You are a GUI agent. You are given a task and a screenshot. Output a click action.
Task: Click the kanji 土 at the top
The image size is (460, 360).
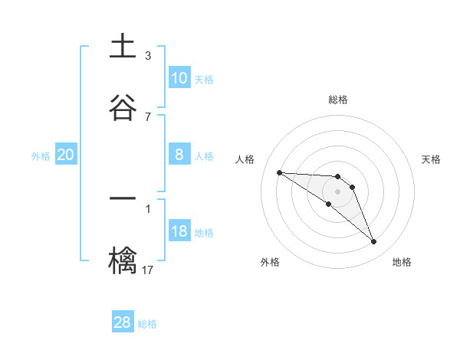coord(123,47)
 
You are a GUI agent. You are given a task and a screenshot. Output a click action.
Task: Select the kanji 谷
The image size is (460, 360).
coord(123,108)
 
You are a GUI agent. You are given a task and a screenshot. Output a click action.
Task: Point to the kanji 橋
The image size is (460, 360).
coord(123,260)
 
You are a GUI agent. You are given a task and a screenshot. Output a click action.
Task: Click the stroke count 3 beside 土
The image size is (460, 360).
coord(148,55)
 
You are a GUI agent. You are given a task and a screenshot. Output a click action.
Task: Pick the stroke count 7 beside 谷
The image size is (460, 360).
coord(148,116)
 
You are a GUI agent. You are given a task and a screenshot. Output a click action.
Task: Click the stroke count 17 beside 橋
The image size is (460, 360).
coord(148,270)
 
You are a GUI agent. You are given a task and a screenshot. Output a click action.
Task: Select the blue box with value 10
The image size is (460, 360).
coord(179,78)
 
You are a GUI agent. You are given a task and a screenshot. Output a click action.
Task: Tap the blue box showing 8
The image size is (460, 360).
coord(179,155)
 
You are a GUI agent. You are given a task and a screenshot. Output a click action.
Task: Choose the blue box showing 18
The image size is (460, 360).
coord(179,231)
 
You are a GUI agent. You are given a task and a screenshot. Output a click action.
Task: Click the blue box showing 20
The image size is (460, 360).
coord(65,155)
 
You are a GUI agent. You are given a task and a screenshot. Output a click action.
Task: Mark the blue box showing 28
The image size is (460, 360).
coord(123,322)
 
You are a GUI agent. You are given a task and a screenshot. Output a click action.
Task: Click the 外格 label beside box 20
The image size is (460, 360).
coord(41,155)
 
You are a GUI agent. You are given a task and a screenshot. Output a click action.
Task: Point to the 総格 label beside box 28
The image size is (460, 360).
coord(147,324)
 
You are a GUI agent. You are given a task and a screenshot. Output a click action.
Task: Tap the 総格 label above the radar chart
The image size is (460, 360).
coord(338,100)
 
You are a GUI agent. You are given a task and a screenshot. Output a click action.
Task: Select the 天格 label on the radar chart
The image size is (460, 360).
coord(432,159)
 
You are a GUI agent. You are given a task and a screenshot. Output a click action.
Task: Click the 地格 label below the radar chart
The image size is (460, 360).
coord(402,262)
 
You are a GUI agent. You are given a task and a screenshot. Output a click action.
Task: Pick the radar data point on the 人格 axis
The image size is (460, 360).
coord(279,172)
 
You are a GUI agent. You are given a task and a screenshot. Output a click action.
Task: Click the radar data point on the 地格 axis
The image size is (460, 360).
coord(373,242)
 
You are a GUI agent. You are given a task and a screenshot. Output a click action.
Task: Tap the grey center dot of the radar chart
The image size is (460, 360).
coord(337,191)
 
